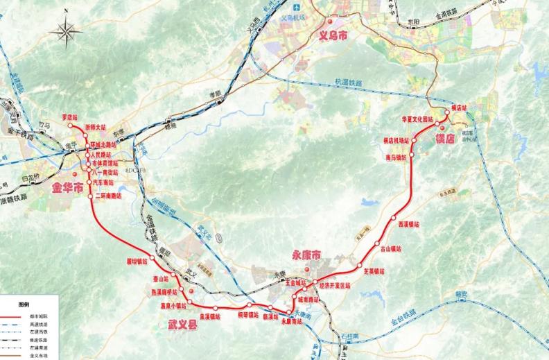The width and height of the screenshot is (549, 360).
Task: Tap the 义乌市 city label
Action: [x=333, y=33]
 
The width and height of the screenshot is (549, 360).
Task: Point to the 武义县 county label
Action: [x=182, y=323]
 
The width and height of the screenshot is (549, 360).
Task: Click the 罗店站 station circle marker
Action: [x=69, y=126]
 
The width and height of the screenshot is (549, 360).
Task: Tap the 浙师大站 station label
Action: [x=96, y=128]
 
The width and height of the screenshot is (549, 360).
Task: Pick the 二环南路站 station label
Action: [x=109, y=196]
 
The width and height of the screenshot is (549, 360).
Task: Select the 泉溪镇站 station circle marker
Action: [x=216, y=307]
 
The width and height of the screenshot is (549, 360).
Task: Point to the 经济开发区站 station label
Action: [x=334, y=285]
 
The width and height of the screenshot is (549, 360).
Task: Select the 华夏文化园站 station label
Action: [x=417, y=119]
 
